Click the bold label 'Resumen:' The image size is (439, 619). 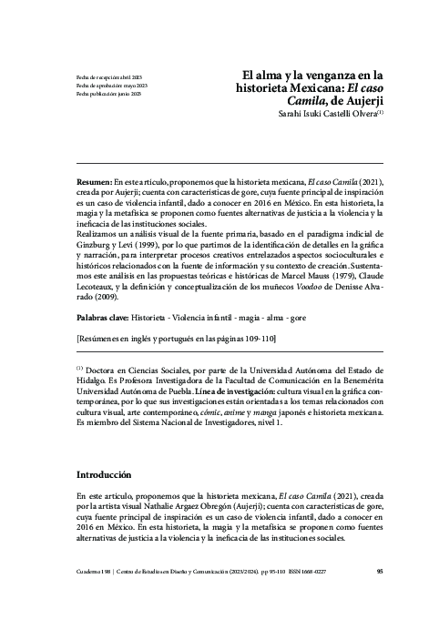[94, 182]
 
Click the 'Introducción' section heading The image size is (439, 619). [104, 474]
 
